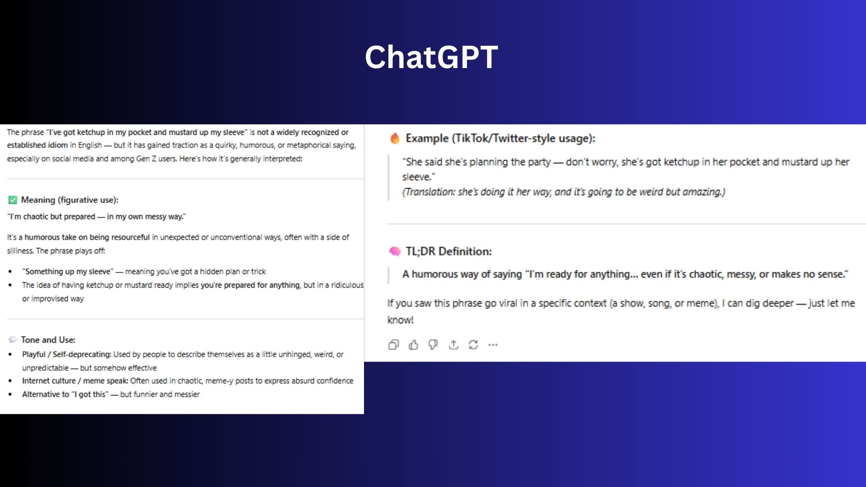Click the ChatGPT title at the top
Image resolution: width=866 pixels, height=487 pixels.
(431, 57)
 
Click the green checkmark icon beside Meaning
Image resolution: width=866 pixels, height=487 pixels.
(13, 200)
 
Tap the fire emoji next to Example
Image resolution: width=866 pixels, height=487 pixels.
(395, 138)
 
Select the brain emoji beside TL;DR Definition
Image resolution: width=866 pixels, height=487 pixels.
(395, 251)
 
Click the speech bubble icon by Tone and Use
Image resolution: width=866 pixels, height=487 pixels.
(13, 340)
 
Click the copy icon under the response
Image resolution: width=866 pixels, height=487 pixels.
(393, 345)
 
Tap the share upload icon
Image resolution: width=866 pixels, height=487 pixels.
(453, 345)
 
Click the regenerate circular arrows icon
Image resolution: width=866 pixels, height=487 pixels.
(473, 345)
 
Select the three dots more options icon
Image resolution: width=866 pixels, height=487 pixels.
(493, 345)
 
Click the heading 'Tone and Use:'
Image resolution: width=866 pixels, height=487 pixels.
(48, 340)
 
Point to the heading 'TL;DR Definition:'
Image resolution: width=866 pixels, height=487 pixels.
(448, 251)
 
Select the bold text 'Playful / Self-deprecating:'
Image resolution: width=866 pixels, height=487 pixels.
(67, 354)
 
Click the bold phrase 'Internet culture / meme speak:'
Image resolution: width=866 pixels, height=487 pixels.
(75, 381)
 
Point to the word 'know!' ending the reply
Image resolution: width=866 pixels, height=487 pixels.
(401, 320)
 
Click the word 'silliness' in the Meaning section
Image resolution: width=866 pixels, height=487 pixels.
(20, 251)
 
